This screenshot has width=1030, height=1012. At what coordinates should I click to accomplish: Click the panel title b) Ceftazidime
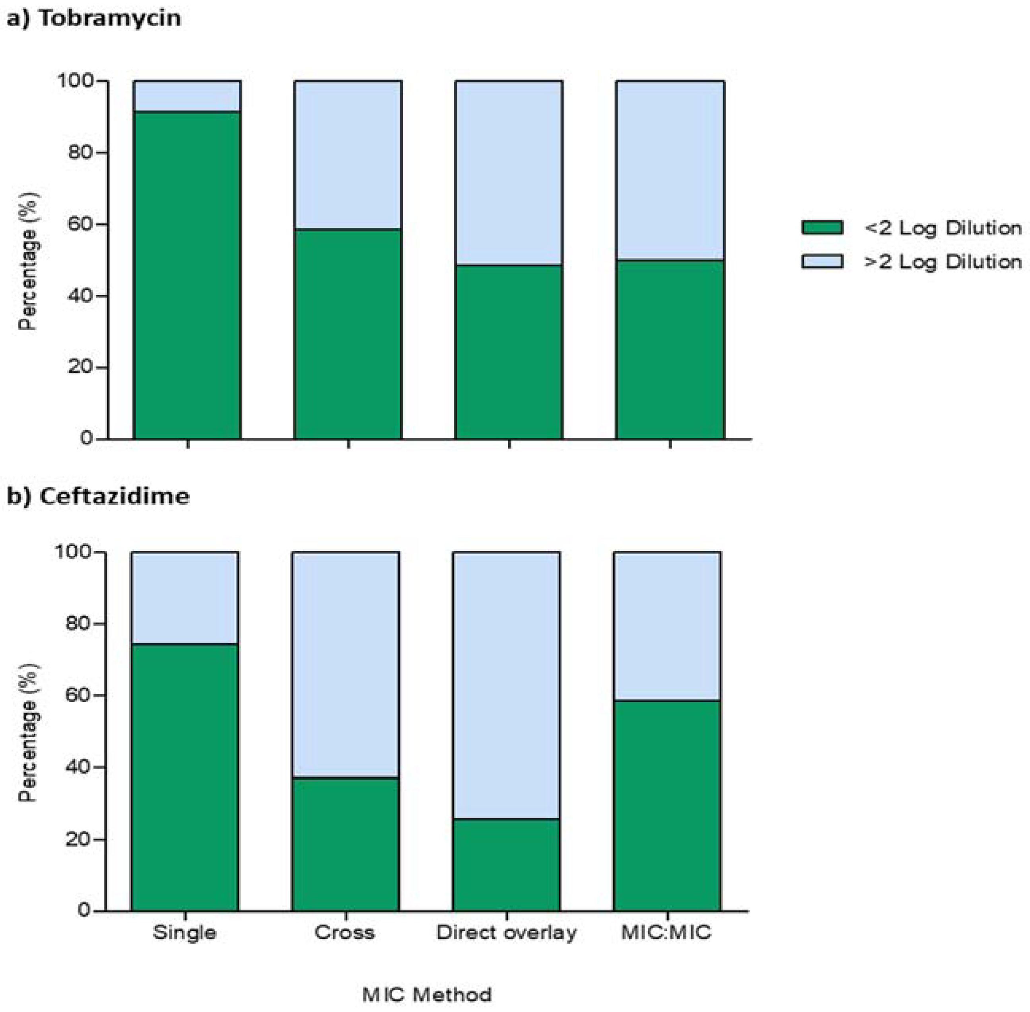(98, 496)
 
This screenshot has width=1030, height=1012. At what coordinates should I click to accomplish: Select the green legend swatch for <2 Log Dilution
(822, 228)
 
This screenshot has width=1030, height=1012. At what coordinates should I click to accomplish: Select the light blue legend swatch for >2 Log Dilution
(822, 261)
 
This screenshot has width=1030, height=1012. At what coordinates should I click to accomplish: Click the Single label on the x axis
(185, 932)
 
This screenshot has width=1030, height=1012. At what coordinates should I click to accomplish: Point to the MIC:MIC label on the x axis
(666, 932)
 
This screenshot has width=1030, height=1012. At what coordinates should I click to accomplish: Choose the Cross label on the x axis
(344, 932)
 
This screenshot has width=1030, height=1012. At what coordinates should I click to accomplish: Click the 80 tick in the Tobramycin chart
(80, 152)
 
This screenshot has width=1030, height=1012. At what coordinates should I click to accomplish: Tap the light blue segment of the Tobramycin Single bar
(187, 96)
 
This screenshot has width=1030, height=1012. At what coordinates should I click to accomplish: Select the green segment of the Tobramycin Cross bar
(348, 334)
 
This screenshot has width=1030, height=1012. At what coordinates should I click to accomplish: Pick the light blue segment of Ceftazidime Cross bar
(345, 664)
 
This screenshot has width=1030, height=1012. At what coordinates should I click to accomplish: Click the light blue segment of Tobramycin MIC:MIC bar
(670, 170)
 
